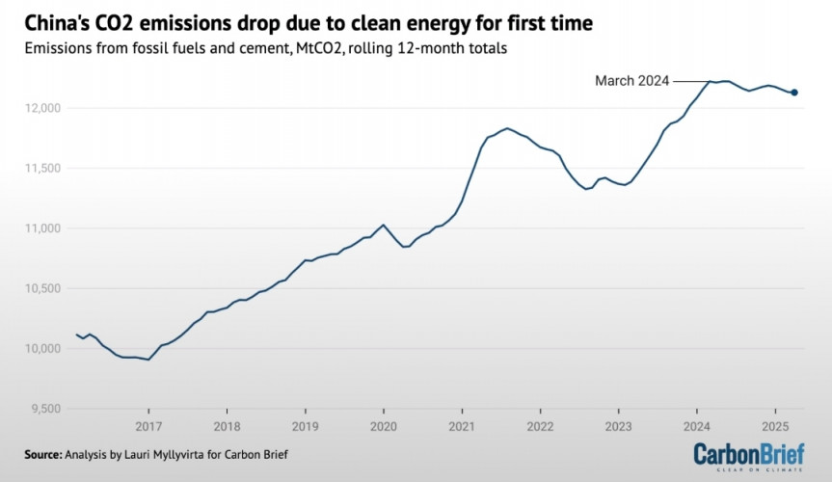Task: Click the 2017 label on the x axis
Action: click(148, 425)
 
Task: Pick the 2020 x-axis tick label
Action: click(384, 425)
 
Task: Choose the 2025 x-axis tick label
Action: click(775, 425)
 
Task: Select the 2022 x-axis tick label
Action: click(540, 425)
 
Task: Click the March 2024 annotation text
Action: click(631, 82)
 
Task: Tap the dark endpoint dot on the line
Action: click(793, 93)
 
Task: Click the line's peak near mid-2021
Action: click(507, 128)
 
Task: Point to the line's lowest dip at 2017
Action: click(148, 360)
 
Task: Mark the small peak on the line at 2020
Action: click(384, 225)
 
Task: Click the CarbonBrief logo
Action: click(748, 456)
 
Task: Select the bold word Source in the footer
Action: click(43, 454)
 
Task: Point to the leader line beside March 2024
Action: click(690, 82)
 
